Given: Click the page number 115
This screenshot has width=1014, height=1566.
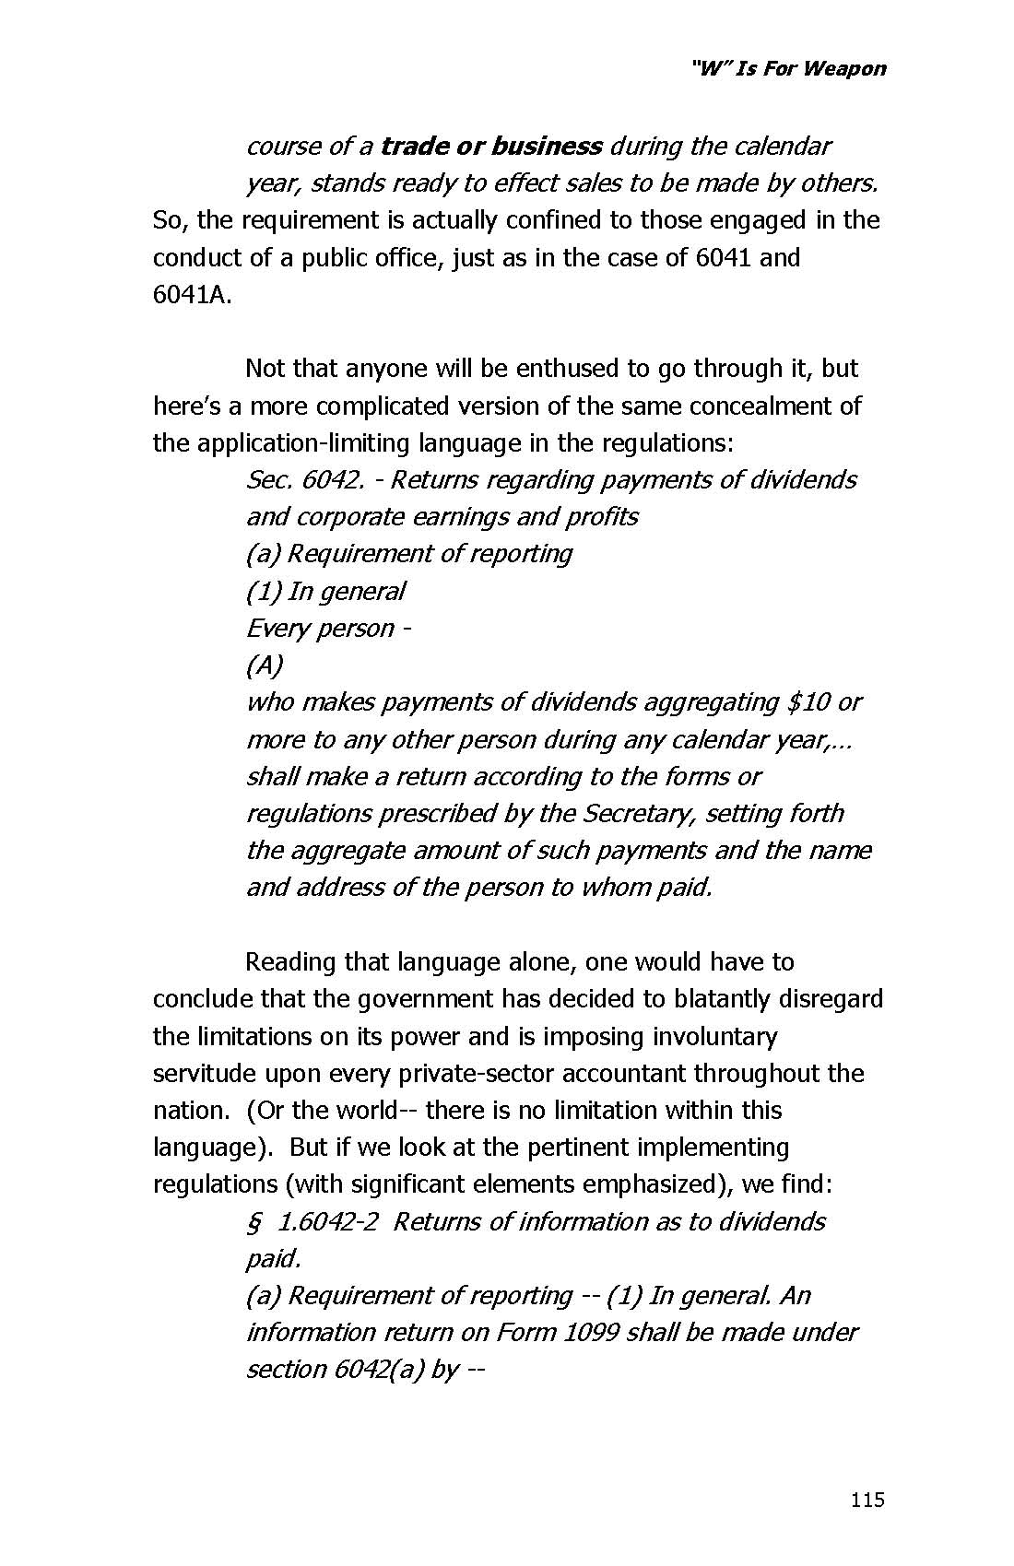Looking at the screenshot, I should click(x=867, y=1500).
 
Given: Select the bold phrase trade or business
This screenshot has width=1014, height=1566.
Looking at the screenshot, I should click(x=491, y=147).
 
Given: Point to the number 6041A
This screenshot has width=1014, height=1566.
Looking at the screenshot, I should click(x=189, y=295).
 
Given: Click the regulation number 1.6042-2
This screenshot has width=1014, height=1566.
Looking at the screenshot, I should click(x=327, y=1222).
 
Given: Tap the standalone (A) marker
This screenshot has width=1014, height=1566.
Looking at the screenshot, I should click(x=265, y=665).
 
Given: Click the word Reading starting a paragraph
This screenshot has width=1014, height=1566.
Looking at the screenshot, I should click(x=290, y=962).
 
